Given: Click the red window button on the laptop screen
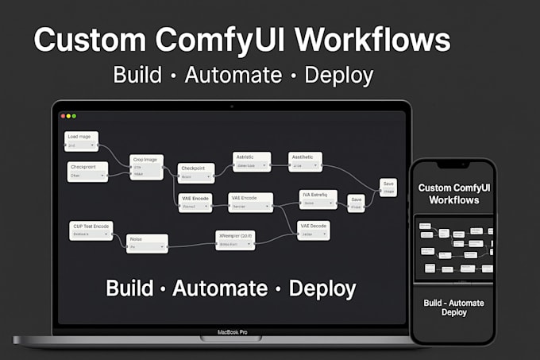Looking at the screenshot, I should click(63, 116).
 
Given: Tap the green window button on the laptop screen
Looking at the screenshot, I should click(74, 116).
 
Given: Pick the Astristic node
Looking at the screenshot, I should click(251, 161).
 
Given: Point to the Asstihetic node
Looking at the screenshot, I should click(305, 161).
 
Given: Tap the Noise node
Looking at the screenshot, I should click(146, 243).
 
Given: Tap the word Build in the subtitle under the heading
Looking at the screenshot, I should click(138, 75).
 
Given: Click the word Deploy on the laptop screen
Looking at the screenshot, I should click(322, 287).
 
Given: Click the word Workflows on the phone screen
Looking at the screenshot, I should click(454, 199).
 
